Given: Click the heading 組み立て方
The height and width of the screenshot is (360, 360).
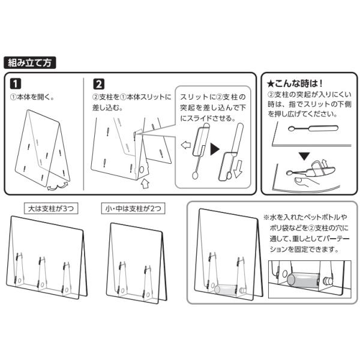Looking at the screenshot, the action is click(30, 62).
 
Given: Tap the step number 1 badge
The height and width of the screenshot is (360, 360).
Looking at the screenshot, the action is click(16, 84).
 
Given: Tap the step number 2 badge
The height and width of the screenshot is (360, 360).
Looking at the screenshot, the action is click(99, 84).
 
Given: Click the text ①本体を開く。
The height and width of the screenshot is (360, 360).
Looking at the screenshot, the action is click(32, 97).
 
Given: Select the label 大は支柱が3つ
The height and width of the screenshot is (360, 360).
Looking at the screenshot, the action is click(51, 208).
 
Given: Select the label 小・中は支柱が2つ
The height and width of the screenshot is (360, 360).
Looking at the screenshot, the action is click(133, 208).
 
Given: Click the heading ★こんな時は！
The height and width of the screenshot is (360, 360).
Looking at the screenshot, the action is click(295, 83).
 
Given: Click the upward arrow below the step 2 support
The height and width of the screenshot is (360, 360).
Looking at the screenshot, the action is click(145, 184).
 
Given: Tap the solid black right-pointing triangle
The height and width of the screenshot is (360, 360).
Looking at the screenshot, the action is click(215, 149).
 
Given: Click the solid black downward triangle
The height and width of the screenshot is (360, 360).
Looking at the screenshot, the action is click(304, 157).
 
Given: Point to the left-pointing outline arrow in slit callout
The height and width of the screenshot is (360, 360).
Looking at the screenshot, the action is click(186, 145).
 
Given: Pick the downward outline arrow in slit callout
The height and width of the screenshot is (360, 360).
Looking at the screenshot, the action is click(238, 169).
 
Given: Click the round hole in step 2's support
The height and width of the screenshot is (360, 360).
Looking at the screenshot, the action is click(142, 170).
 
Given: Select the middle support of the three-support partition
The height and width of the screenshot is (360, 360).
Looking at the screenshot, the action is click(41, 273).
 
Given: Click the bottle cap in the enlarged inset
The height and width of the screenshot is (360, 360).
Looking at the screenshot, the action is click(328, 281).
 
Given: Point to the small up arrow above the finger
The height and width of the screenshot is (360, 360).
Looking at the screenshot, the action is click(324, 163).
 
